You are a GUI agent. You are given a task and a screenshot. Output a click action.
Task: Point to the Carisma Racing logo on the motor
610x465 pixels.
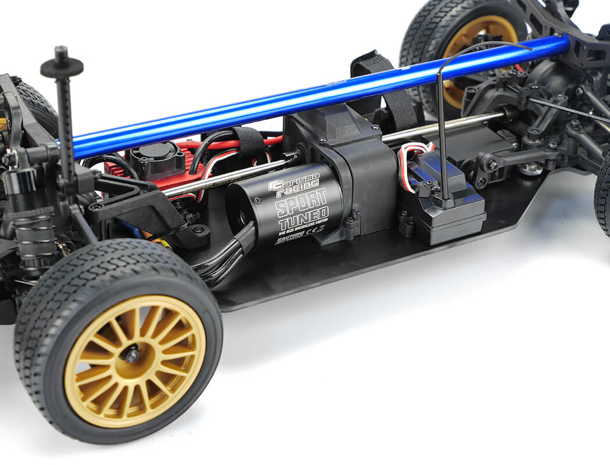pos(294,185)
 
